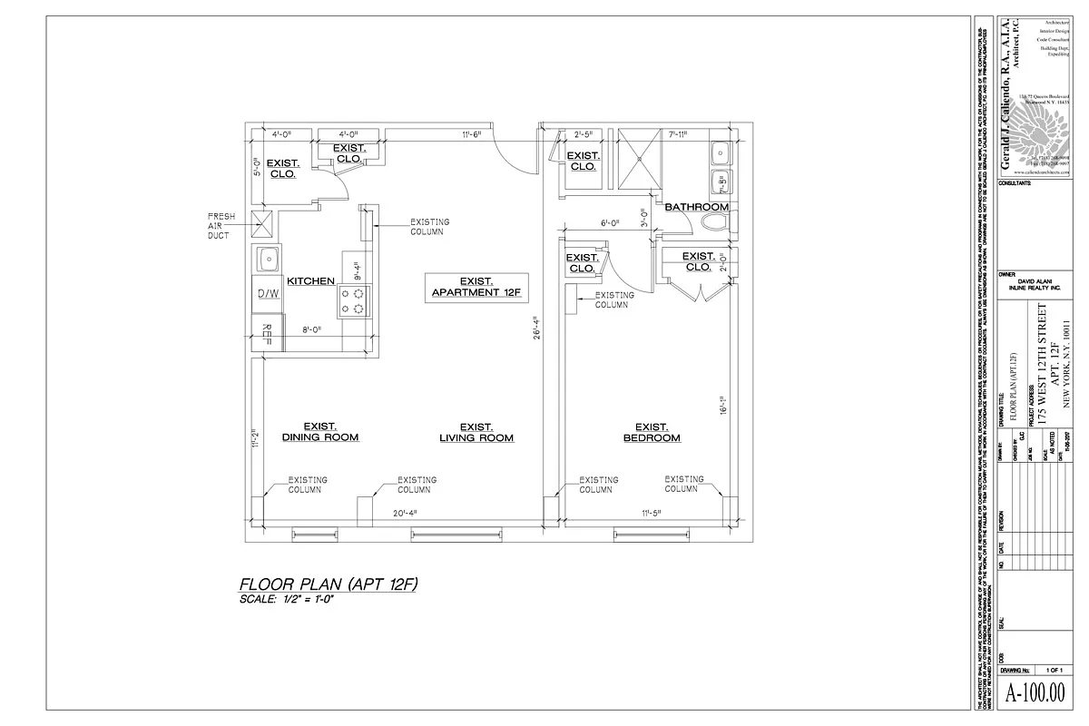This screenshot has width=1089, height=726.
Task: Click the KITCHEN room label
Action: click(x=311, y=281)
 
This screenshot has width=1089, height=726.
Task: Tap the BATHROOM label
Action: click(x=697, y=208)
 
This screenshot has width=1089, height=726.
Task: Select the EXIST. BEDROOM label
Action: click(x=652, y=433)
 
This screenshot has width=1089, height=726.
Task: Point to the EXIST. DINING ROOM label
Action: click(x=320, y=432)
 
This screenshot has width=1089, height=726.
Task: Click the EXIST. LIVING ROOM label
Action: click(x=476, y=432)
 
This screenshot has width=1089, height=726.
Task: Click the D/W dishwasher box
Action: click(x=268, y=293)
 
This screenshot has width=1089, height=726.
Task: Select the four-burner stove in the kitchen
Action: click(x=354, y=301)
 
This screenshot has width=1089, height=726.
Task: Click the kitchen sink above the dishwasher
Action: click(x=268, y=260)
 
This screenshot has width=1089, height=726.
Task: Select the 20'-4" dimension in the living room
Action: click(x=405, y=513)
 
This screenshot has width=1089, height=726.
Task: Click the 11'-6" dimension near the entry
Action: click(x=471, y=134)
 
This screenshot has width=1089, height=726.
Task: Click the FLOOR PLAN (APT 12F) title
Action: click(x=328, y=584)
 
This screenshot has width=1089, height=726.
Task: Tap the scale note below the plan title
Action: click(x=286, y=600)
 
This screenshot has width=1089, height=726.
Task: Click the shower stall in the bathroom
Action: click(x=641, y=159)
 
